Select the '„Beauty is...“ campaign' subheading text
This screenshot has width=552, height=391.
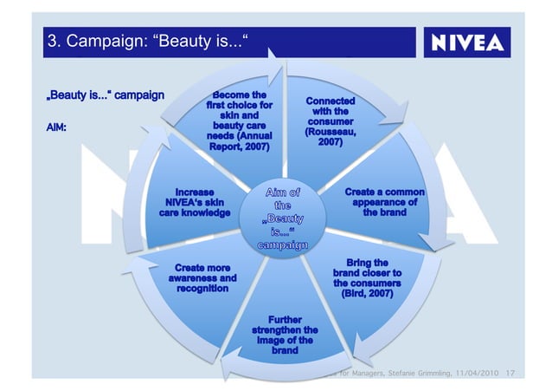(103, 94)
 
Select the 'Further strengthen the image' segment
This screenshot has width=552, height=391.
(285, 335)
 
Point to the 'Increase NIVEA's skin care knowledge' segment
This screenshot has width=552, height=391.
(194, 202)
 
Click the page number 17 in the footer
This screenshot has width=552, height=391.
(509, 374)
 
